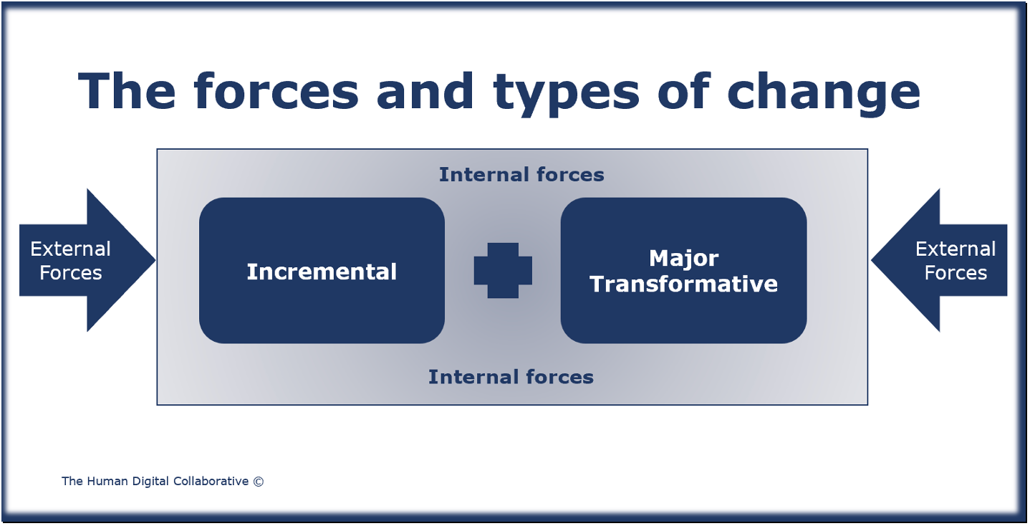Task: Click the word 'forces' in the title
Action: (x=276, y=91)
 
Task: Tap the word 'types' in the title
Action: (x=566, y=95)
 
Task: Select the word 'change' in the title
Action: (x=824, y=95)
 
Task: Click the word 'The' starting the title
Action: (x=127, y=91)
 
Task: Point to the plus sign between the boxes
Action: (x=503, y=270)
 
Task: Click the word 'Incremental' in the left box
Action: (x=322, y=272)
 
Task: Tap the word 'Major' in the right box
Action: (x=684, y=259)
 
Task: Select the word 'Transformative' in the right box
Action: (x=684, y=284)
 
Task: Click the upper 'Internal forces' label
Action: (x=521, y=174)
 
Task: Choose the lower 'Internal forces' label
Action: (x=511, y=377)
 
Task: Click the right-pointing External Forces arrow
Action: (x=87, y=260)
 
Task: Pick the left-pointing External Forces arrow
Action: (x=939, y=260)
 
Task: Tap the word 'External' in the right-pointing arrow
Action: (x=70, y=249)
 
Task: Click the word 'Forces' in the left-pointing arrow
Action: (x=956, y=273)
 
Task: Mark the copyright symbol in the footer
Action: (x=259, y=482)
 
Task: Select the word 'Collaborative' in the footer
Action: (x=211, y=481)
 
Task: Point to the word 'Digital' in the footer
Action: (x=150, y=482)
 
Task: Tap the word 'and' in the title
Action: (x=425, y=91)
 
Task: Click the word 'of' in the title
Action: (x=684, y=91)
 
